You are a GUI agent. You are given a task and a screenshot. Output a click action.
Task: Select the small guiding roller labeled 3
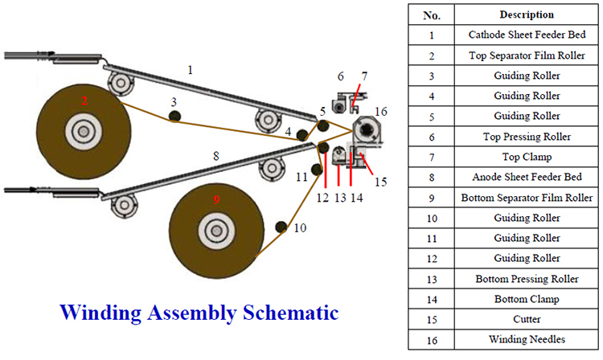click(174, 117)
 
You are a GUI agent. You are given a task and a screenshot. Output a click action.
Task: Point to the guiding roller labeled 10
click(281, 227)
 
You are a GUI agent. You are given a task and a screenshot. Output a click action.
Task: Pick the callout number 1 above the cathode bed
click(190, 70)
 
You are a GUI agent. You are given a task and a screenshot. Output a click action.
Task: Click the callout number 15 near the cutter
click(380, 182)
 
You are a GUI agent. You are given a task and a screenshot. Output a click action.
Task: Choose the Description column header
click(526, 14)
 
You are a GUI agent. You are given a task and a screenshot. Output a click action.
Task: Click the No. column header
click(432, 14)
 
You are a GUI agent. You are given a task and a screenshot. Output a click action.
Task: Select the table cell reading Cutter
click(526, 319)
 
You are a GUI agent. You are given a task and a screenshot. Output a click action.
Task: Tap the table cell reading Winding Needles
click(526, 339)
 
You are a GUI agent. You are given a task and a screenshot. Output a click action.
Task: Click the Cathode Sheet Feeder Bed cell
click(526, 35)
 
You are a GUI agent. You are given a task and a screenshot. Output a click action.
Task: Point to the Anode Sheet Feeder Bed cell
click(526, 177)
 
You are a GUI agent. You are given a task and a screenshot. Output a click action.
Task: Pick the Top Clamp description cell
click(526, 157)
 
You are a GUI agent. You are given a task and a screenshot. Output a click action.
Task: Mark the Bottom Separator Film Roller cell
click(526, 198)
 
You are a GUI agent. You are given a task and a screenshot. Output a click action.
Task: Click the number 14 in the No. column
click(432, 299)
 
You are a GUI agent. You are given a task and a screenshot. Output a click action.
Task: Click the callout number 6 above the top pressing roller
click(341, 76)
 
